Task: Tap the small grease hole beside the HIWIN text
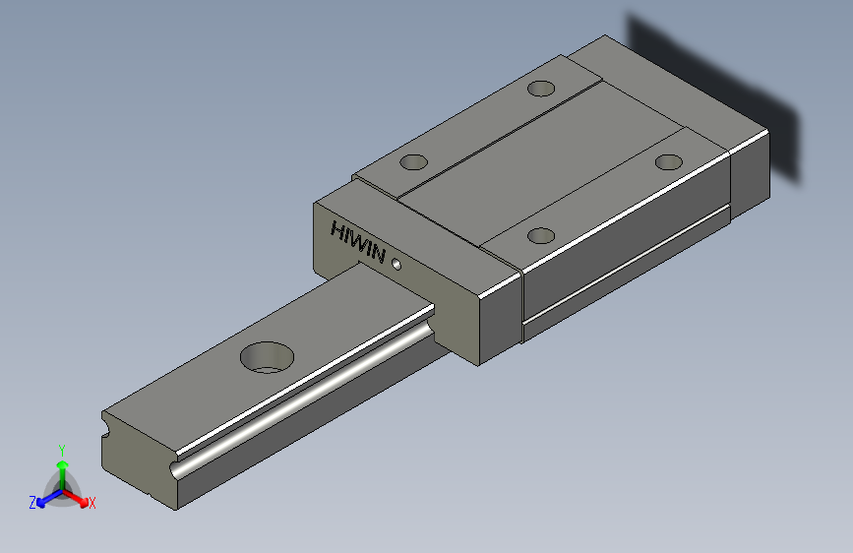click(396, 264)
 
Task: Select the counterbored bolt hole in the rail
click(267, 356)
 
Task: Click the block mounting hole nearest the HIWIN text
click(414, 161)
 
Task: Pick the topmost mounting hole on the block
click(540, 89)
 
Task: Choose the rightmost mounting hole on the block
click(669, 161)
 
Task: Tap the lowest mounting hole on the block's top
click(540, 235)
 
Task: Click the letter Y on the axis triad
click(61, 448)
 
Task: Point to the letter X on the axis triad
click(92, 504)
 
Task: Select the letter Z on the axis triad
click(31, 503)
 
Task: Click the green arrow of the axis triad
click(61, 467)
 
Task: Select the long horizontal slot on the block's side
click(630, 270)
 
